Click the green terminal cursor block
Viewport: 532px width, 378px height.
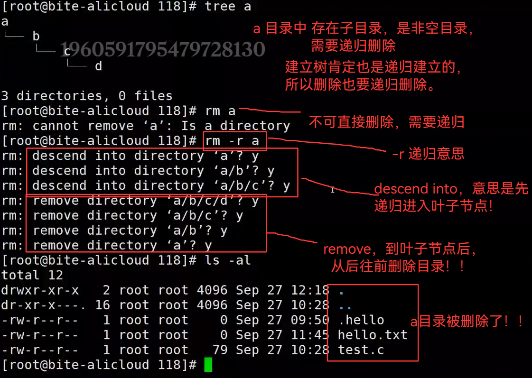[x=208, y=365]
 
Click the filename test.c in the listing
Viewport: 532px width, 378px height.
[x=361, y=350]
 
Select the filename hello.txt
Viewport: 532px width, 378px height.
[x=373, y=335]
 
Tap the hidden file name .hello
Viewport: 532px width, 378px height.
[x=361, y=320]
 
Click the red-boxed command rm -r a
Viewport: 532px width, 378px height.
[x=235, y=141]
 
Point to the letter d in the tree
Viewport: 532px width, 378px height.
[x=98, y=66]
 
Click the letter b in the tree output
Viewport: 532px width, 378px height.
[x=36, y=36]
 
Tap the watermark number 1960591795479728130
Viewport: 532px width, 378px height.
[x=162, y=49]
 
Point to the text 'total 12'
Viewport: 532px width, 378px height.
[x=32, y=275]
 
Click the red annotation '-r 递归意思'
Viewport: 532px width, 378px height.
[x=428, y=154]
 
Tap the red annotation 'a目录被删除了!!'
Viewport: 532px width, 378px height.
[x=467, y=322]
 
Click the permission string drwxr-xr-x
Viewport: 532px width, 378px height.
[x=40, y=290]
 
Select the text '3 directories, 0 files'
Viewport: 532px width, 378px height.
[x=87, y=96]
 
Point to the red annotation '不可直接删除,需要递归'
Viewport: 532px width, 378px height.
[x=386, y=122]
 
